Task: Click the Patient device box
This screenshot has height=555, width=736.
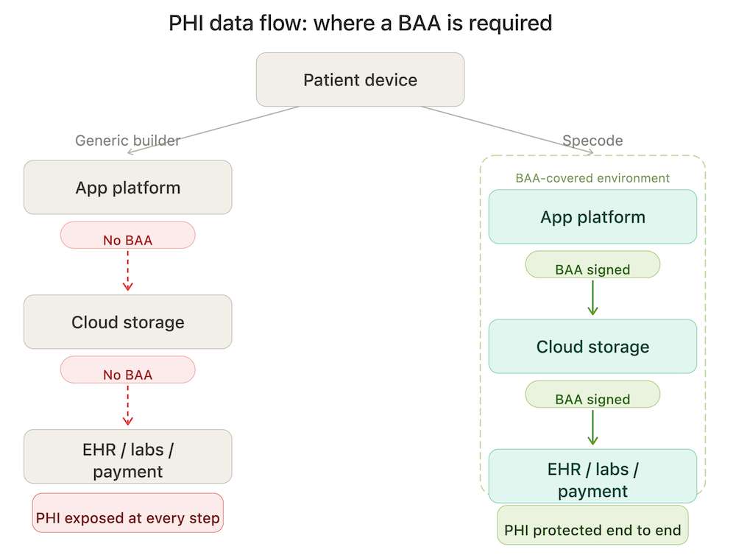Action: pyautogui.click(x=360, y=79)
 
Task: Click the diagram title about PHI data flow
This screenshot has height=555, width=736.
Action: pyautogui.click(x=360, y=23)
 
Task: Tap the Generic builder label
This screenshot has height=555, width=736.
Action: pyautogui.click(x=127, y=141)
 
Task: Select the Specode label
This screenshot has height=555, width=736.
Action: pyautogui.click(x=592, y=141)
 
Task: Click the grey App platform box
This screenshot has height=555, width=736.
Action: pyautogui.click(x=127, y=188)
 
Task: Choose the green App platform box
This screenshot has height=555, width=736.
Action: pyautogui.click(x=592, y=217)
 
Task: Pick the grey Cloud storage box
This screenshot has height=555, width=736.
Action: pyautogui.click(x=127, y=322)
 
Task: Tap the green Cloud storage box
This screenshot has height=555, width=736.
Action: pyautogui.click(x=592, y=347)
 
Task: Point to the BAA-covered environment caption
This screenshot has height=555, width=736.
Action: pyautogui.click(x=592, y=178)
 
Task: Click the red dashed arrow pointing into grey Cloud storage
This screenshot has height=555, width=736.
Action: pyautogui.click(x=127, y=270)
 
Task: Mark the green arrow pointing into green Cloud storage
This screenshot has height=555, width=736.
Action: pyautogui.click(x=592, y=298)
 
